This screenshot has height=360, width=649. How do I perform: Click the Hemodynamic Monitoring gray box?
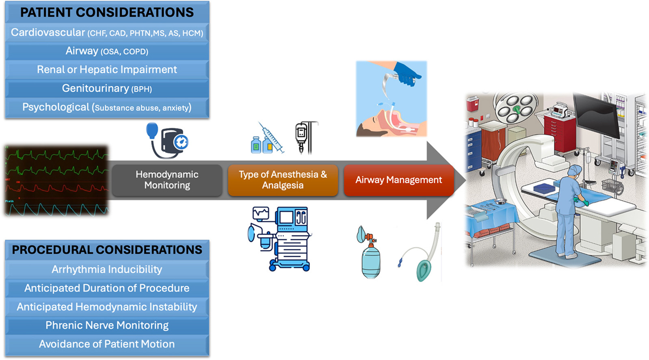pyautogui.click(x=167, y=180)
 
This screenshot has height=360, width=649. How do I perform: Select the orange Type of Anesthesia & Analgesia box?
pyautogui.click(x=283, y=180)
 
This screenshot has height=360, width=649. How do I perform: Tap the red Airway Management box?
pyautogui.click(x=398, y=180)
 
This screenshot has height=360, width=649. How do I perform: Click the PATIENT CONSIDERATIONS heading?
pyautogui.click(x=107, y=13)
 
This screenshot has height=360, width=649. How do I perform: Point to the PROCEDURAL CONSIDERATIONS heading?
pyautogui.click(x=107, y=250)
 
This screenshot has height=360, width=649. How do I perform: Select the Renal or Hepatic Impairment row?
pyautogui.click(x=107, y=70)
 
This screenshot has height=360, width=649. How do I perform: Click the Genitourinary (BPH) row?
pyautogui.click(x=107, y=89)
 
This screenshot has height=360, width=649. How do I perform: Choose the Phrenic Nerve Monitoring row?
pyautogui.click(x=107, y=325)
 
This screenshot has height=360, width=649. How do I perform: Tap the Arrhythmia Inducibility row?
pyautogui.click(x=107, y=269)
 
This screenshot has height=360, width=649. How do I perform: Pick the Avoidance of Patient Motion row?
pyautogui.click(x=107, y=344)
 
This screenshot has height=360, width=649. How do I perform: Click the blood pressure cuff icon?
pyautogui.click(x=167, y=141)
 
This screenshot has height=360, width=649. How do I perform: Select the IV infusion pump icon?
pyautogui.click(x=304, y=137)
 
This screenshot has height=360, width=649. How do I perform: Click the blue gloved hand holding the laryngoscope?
pyautogui.click(x=407, y=73)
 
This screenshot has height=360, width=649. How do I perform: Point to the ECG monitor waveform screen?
pyautogui.click(x=56, y=180)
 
